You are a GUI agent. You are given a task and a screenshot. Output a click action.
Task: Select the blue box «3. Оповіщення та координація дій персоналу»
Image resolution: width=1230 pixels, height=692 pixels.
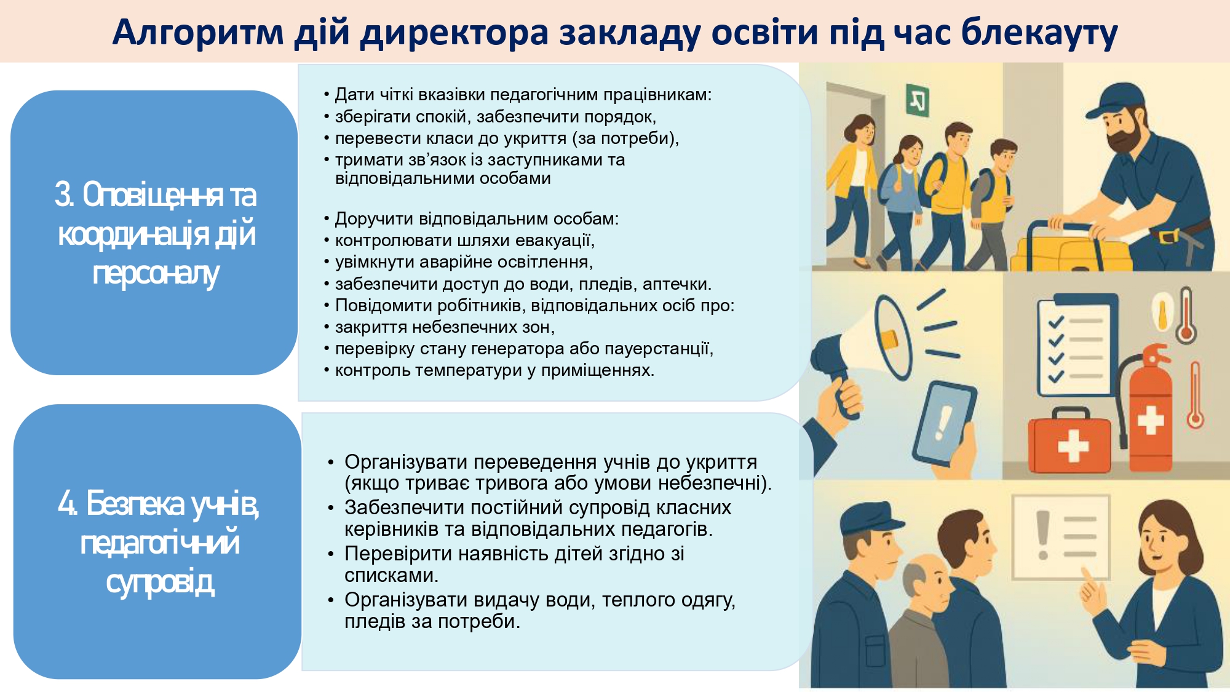click(x=154, y=233)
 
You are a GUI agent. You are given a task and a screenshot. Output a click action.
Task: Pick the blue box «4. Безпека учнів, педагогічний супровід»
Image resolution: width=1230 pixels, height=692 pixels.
click(x=157, y=541)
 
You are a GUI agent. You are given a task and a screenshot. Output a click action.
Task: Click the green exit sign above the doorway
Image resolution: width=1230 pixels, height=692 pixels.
click(x=917, y=101)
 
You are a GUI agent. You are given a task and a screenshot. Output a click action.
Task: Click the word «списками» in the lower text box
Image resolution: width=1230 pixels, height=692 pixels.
click(x=391, y=576)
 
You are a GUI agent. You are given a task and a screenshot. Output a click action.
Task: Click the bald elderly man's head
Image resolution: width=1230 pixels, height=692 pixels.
click(x=926, y=578)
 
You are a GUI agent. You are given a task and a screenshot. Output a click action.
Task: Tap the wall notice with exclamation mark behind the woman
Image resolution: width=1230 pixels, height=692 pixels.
click(x=1061, y=537)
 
